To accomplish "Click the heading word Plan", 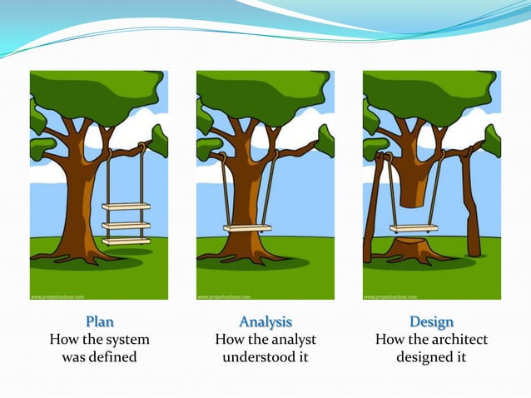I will tap(99, 321).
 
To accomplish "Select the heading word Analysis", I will tap(265, 321).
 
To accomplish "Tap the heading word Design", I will tap(431, 321).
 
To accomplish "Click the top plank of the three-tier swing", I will tap(126, 206).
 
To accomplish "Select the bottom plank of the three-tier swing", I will tap(126, 241).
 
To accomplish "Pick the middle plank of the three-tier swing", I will tap(126, 224).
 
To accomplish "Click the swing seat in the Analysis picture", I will tap(247, 228).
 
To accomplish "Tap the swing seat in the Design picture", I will tap(414, 228).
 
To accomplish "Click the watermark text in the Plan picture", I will tap(60, 296).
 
